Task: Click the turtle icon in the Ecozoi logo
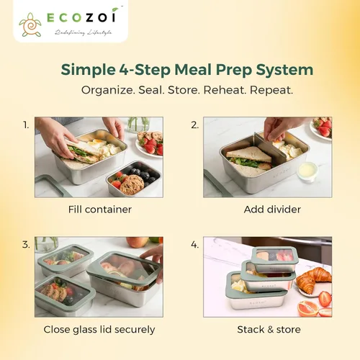30,25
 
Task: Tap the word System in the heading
284,70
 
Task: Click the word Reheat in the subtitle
225,90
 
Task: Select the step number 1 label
26,125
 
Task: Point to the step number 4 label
194,245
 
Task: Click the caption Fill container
100,210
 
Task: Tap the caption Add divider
272,210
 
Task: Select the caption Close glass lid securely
99,330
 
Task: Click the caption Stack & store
269,330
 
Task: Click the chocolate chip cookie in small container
132,184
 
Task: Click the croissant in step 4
311,279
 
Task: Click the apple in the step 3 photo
138,242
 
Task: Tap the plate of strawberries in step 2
323,127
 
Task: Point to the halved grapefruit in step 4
308,308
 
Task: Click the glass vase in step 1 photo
138,125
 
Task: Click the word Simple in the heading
88,70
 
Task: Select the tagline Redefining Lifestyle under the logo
83,32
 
